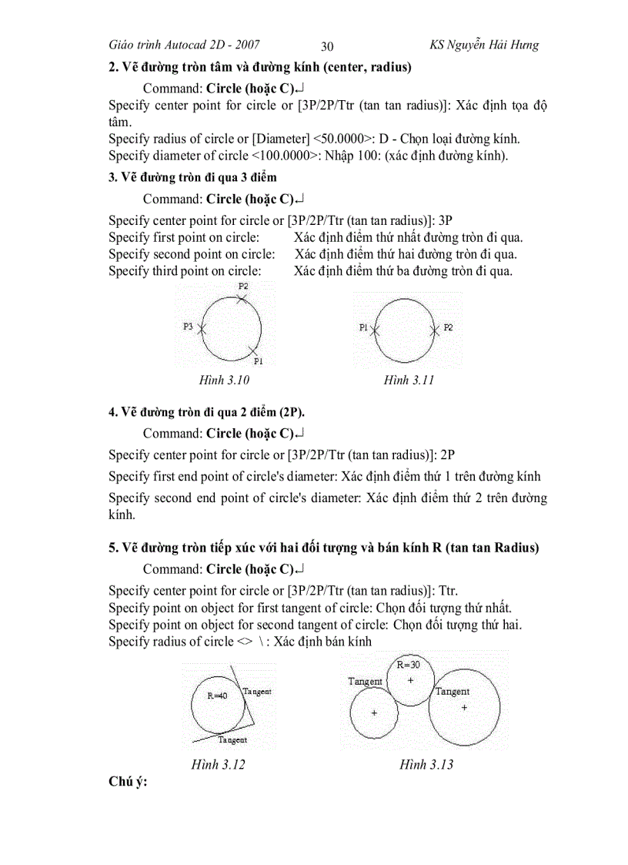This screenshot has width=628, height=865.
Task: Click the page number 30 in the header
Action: coord(327,46)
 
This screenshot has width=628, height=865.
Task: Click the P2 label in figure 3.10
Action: coord(243,286)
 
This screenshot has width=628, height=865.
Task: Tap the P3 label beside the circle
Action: coord(188,327)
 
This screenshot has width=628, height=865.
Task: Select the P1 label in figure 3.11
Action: coord(364,327)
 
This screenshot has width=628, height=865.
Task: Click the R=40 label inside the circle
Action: coord(217,695)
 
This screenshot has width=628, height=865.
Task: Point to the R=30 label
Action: coord(408,664)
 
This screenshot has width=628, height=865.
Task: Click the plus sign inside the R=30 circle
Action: coord(410,680)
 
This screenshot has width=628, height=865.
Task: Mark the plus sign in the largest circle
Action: coord(464,706)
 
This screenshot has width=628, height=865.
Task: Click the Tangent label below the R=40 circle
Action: coord(232,740)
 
